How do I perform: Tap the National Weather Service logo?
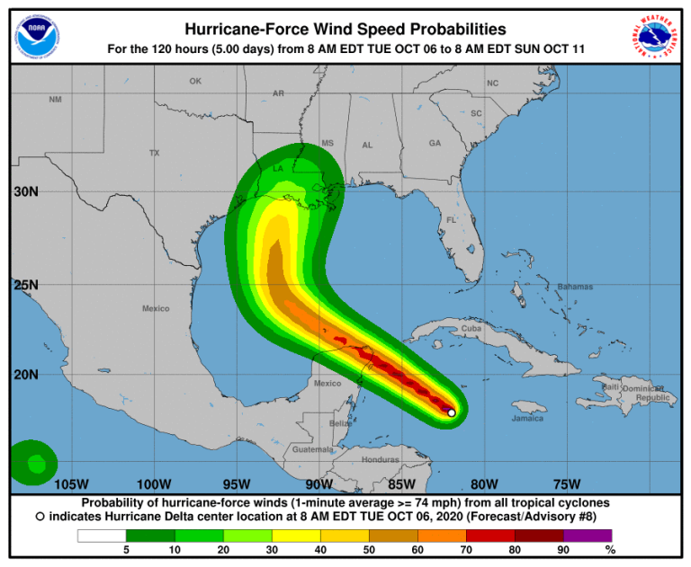(654, 37)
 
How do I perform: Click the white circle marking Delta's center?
(452, 413)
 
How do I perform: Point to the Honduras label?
(379, 459)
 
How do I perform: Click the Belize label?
(339, 421)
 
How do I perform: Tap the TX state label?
(154, 153)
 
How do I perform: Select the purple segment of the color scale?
(588, 536)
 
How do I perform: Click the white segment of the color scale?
(100, 536)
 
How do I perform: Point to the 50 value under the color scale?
(370, 549)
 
